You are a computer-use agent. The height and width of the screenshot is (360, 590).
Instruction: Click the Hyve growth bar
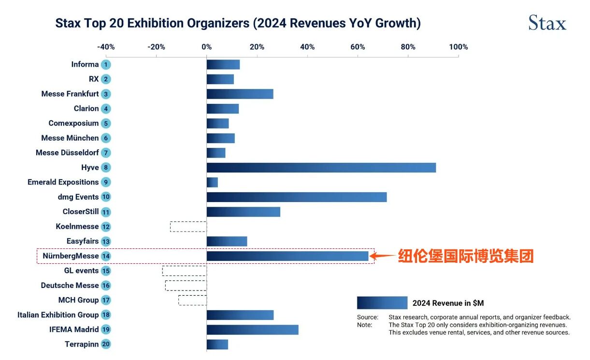321,168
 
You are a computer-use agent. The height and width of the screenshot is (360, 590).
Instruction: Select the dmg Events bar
296,197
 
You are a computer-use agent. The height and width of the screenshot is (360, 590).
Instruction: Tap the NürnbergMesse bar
287,256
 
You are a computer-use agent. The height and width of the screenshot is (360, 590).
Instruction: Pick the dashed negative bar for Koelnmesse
188,227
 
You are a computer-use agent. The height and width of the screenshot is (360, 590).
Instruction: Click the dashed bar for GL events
185,271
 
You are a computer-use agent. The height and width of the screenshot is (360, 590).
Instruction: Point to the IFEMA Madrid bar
252,330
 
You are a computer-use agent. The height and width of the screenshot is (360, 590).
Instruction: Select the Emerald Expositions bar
212,182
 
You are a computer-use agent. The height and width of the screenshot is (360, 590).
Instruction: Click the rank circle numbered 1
106,65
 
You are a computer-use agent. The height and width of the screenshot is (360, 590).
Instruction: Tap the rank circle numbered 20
106,345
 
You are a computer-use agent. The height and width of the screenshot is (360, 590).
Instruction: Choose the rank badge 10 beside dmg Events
106,197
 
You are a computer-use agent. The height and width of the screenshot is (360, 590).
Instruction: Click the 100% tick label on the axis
458,47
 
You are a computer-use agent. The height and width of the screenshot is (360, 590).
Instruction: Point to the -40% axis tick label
106,47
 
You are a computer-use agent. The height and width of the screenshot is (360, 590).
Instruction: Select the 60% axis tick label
358,47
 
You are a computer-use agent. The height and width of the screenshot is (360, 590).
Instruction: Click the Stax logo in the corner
547,23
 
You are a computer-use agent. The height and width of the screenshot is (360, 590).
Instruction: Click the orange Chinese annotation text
465,256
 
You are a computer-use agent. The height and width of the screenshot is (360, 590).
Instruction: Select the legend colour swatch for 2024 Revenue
382,303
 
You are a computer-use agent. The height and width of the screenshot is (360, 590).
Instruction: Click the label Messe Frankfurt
70,94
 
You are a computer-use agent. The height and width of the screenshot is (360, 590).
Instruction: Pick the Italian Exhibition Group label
58,315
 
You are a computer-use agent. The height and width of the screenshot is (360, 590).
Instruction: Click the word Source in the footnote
367,317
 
